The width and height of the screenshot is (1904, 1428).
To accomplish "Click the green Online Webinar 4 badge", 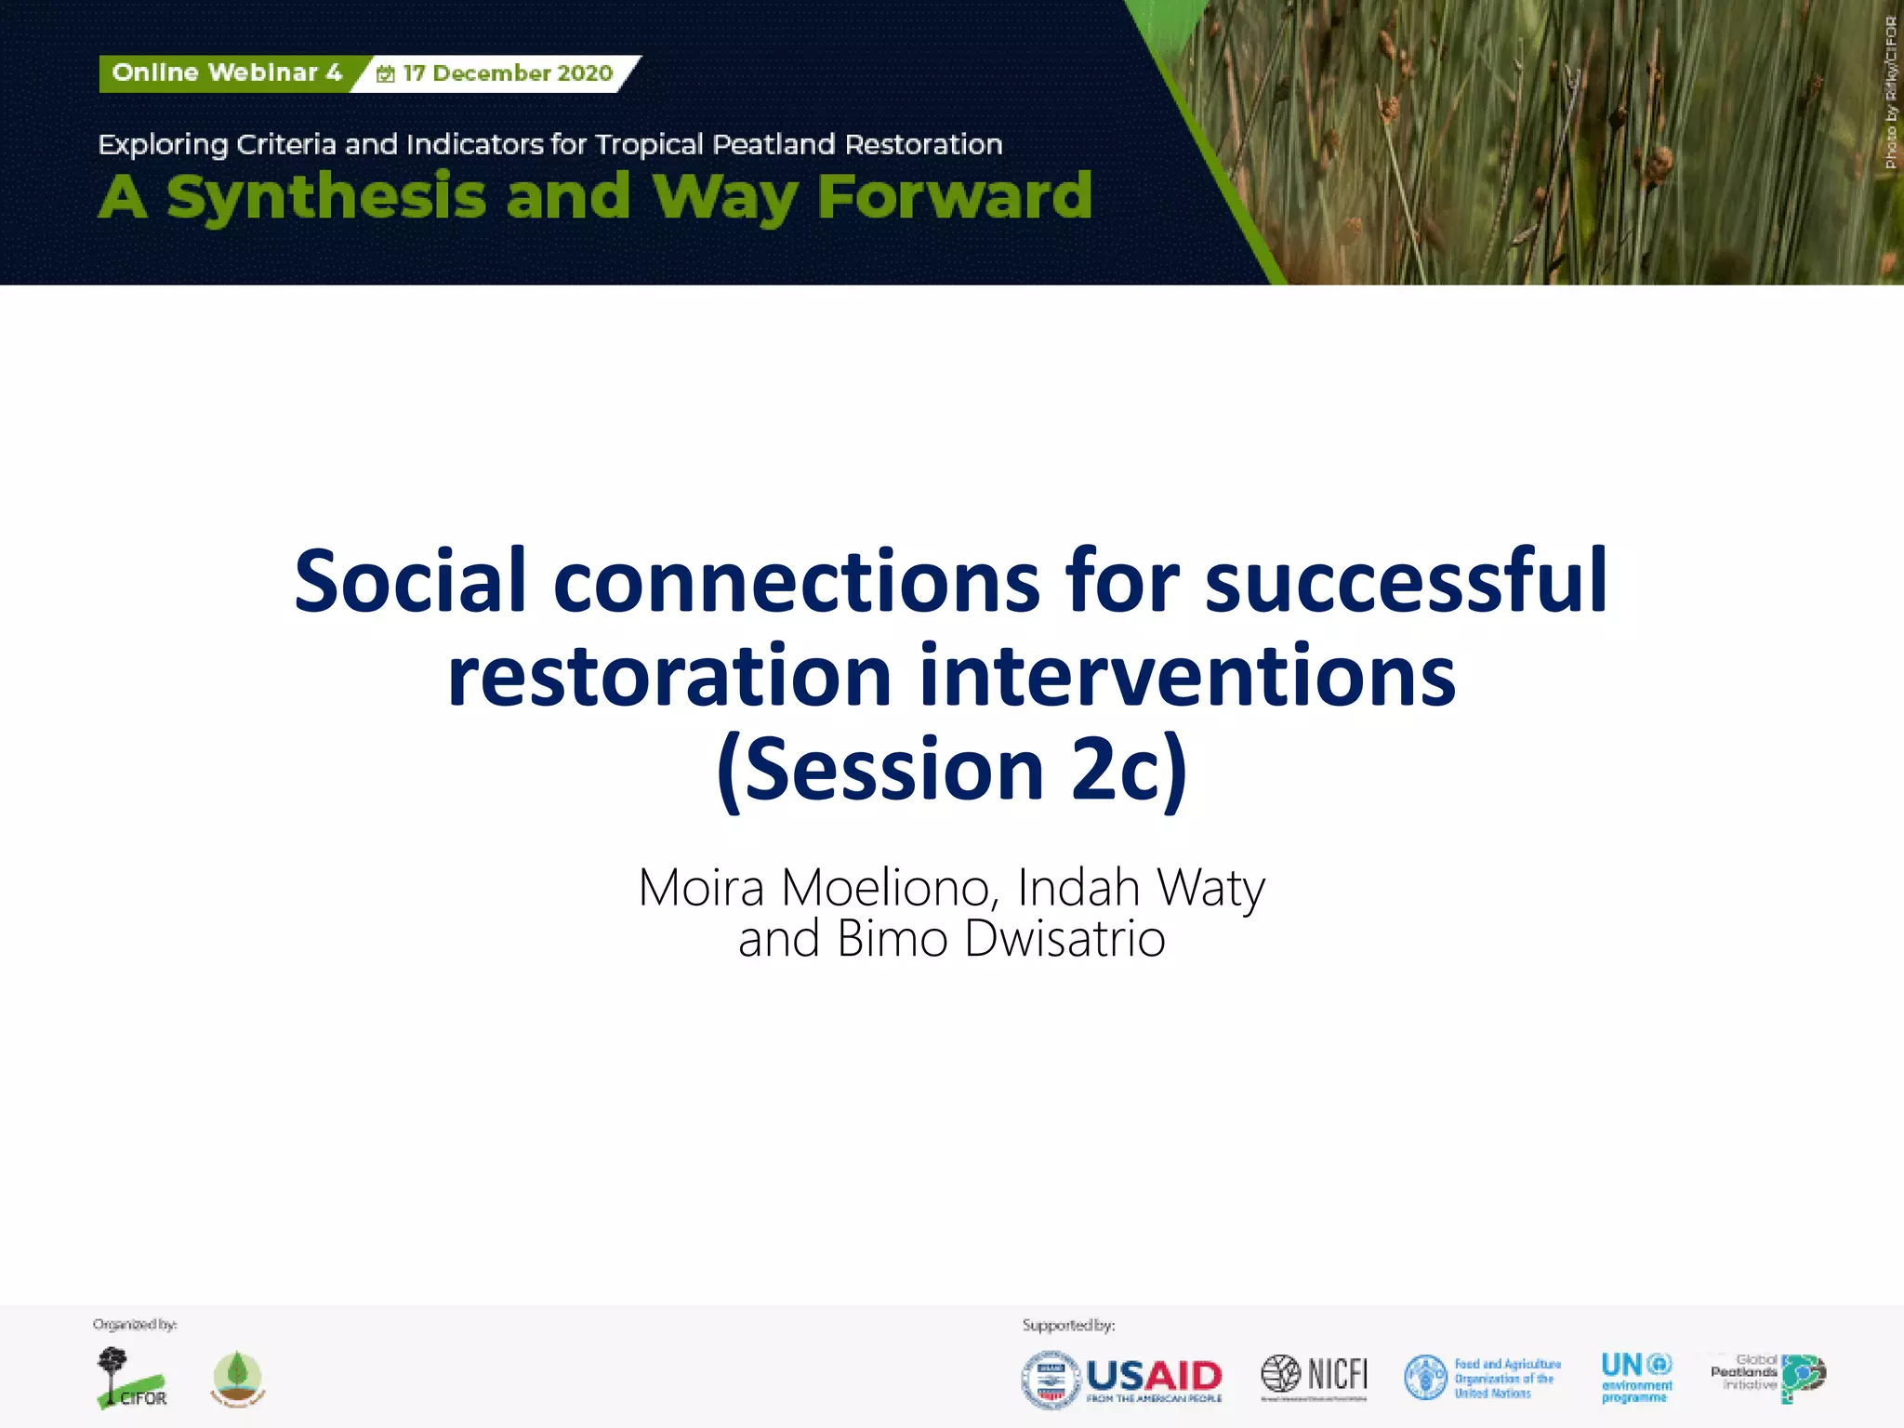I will (x=226, y=73).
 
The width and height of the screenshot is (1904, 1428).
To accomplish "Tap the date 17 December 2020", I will (x=508, y=73).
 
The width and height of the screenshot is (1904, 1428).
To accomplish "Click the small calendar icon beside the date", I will (x=385, y=74).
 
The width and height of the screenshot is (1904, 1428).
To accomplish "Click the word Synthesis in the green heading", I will (x=326, y=197).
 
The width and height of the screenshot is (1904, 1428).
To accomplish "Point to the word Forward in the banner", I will (x=954, y=197).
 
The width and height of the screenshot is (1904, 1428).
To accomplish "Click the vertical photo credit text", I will (x=1890, y=93).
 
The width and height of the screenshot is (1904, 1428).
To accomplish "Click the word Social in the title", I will (x=410, y=582).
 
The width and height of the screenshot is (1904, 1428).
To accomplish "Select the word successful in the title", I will (x=1406, y=582).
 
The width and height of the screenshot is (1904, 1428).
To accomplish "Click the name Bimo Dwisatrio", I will (x=1000, y=939).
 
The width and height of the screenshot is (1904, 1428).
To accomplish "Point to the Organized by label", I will (x=135, y=1325).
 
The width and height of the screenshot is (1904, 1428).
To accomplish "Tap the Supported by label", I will (x=1068, y=1325).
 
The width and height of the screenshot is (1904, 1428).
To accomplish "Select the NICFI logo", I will (x=1315, y=1375).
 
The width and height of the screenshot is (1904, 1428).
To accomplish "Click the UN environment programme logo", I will (x=1636, y=1377).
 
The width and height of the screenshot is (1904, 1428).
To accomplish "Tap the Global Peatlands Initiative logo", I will (x=1767, y=1375).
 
